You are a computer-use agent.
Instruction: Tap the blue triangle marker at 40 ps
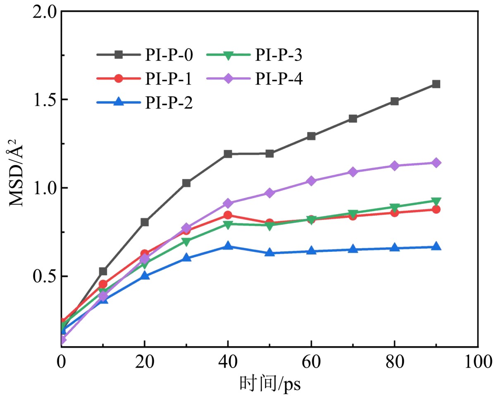(x=228, y=246)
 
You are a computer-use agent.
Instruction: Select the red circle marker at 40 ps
(x=228, y=215)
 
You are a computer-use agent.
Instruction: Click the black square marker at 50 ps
(x=269, y=153)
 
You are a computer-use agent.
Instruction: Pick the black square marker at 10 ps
(x=103, y=271)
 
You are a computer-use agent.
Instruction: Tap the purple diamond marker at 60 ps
(x=311, y=181)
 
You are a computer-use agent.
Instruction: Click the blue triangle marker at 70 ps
(x=353, y=249)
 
